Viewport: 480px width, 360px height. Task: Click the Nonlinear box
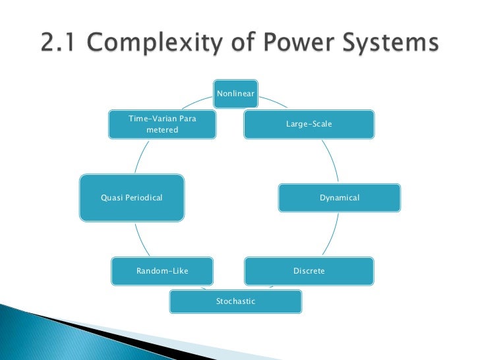(235, 94)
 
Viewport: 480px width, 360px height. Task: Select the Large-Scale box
(309, 124)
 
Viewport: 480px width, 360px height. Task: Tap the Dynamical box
(339, 198)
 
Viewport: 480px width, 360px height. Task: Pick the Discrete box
(309, 271)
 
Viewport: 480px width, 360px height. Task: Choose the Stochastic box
(235, 301)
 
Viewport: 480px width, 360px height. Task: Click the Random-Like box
(162, 271)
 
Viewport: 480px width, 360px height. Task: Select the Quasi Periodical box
(131, 197)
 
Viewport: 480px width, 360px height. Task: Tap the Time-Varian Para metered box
(162, 124)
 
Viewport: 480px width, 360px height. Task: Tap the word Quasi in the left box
(111, 198)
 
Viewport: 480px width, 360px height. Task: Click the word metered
(162, 130)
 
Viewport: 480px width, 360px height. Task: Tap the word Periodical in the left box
(143, 198)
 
